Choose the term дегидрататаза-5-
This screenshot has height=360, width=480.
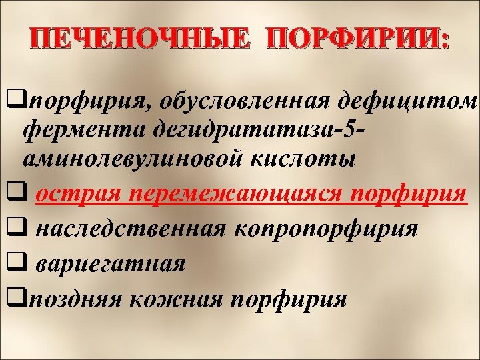click(249, 131)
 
